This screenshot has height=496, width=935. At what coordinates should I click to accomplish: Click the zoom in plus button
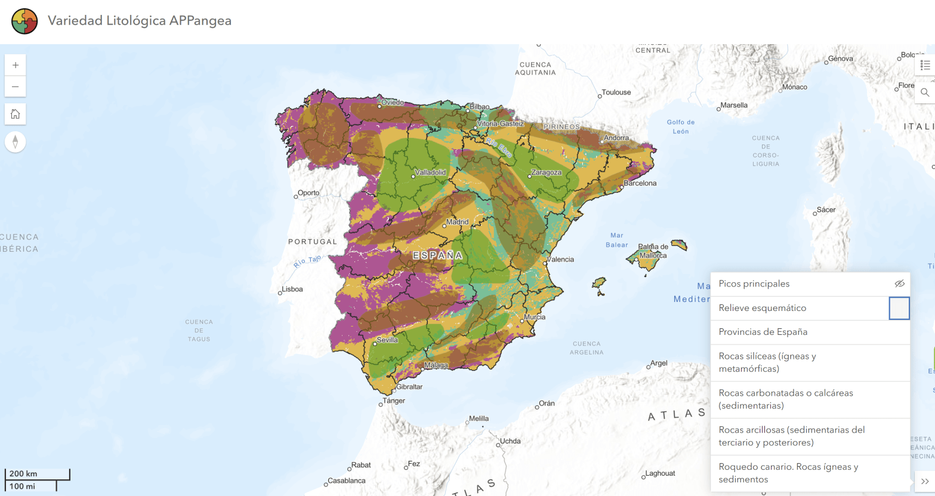coord(16,65)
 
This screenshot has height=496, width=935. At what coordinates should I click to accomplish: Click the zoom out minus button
coord(16,87)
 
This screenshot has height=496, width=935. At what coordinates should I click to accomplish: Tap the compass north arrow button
coord(16,142)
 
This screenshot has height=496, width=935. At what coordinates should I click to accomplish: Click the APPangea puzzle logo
coord(24,21)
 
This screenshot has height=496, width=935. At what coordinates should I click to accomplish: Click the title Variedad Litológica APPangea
coord(140,21)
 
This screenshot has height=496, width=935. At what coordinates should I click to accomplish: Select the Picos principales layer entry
coord(754,284)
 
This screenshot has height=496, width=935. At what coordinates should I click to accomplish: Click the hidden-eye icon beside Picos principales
coord(899,284)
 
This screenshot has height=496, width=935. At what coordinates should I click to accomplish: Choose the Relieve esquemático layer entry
coord(762,308)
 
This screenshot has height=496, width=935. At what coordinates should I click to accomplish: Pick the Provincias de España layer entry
coord(763,332)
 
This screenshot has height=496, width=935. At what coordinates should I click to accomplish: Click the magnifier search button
coord(925,93)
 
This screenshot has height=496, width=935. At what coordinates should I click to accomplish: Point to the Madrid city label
coord(457,222)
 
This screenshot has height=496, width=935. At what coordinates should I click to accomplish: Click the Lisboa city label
coord(292,289)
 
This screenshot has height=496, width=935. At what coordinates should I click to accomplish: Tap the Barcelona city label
coord(640,183)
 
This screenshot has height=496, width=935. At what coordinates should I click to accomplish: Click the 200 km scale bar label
coord(23,474)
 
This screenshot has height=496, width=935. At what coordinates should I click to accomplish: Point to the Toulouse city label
coord(616,93)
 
